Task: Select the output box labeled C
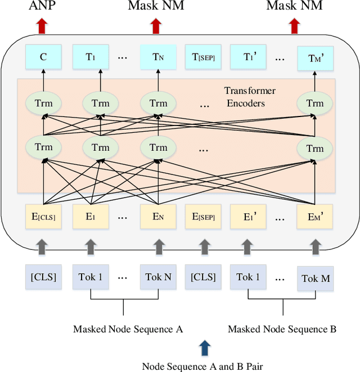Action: (x=43, y=56)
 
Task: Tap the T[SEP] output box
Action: (x=203, y=56)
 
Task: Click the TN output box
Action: (x=158, y=56)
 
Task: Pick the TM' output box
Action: (x=316, y=57)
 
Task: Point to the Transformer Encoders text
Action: (x=250, y=97)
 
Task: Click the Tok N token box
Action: (x=158, y=277)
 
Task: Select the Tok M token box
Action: (x=316, y=279)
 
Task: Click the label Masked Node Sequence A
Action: (x=128, y=329)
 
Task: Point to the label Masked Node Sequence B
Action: (x=282, y=329)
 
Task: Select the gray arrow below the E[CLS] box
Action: (x=43, y=246)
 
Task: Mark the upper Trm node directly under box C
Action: (x=43, y=103)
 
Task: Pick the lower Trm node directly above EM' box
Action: (x=315, y=148)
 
